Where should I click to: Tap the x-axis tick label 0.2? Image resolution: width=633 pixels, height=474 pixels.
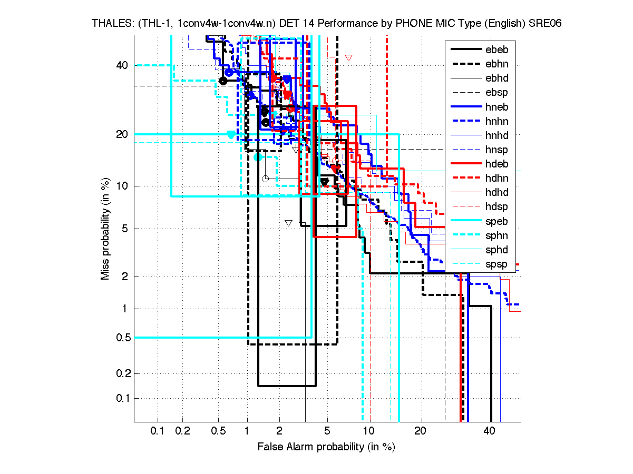[183, 431]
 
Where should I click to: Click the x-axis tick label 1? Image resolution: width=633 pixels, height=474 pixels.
[247, 431]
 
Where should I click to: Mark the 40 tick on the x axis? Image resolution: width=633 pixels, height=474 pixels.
[490, 431]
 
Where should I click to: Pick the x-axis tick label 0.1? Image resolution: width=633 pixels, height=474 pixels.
[158, 431]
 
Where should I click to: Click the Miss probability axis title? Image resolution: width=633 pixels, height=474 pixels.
[105, 229]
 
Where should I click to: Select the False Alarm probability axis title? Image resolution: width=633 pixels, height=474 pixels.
[326, 447]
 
